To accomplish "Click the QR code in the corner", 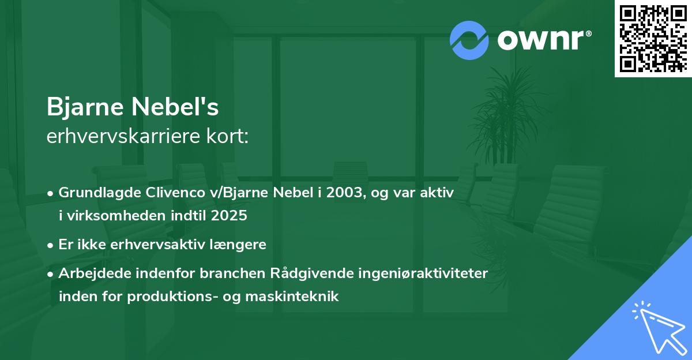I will coord(653,38).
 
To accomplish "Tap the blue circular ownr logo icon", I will coord(469,40).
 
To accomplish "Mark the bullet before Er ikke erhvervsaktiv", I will coord(51,245).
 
